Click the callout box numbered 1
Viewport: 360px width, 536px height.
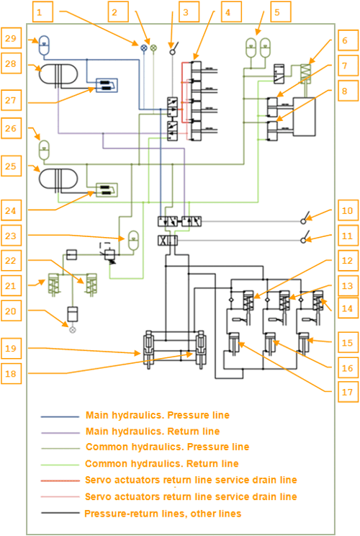pyautogui.click(x=42, y=12)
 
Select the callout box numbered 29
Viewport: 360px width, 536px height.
pyautogui.click(x=11, y=38)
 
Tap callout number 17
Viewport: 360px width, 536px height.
pyautogui.click(x=348, y=392)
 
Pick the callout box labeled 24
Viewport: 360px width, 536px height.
pyautogui.click(x=11, y=210)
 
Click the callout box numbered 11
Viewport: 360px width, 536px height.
pyautogui.click(x=348, y=236)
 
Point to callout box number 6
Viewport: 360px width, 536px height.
pyautogui.click(x=348, y=40)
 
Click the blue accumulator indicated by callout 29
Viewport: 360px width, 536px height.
pyautogui.click(x=45, y=45)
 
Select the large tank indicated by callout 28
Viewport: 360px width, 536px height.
pyautogui.click(x=58, y=73)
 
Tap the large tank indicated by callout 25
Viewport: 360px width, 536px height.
pyautogui.click(x=58, y=179)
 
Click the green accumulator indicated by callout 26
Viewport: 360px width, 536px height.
pyautogui.click(x=45, y=150)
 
